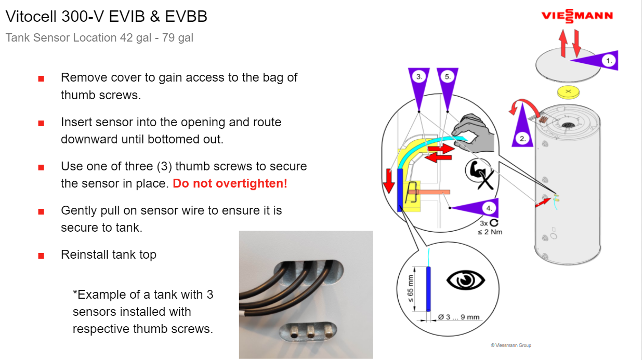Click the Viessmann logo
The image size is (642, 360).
[x=577, y=16]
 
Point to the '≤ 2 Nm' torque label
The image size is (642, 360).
[x=490, y=232]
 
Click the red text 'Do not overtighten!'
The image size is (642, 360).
[x=230, y=183]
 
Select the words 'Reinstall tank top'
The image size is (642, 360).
[x=108, y=255]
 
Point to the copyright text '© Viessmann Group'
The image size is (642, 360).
[x=510, y=345]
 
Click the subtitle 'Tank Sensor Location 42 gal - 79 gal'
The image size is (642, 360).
[x=99, y=38]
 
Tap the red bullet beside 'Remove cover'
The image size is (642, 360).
[x=41, y=79]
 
